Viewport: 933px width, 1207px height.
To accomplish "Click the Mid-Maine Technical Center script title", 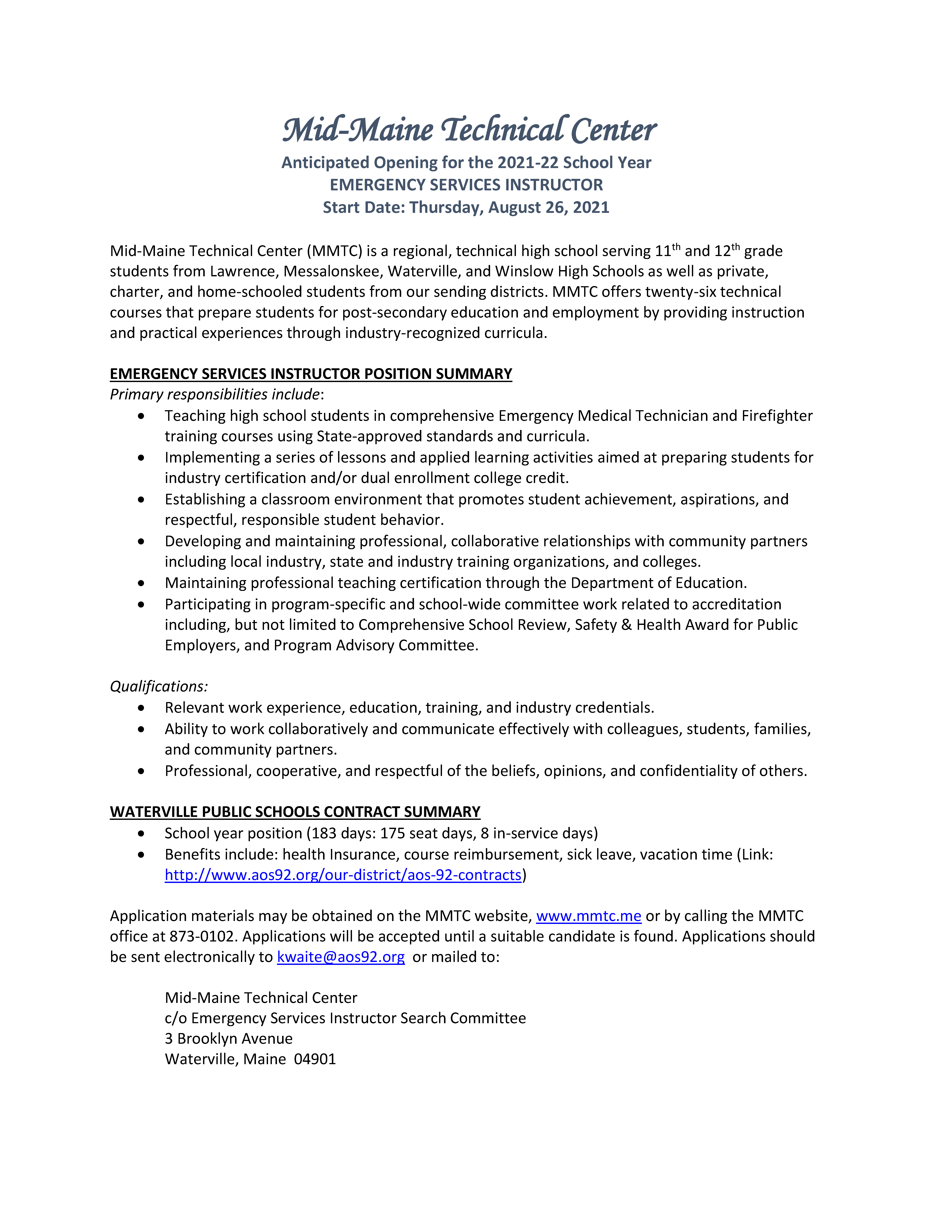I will [x=469, y=130].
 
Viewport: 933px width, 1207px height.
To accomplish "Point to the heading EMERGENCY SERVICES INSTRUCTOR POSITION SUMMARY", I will [x=311, y=374].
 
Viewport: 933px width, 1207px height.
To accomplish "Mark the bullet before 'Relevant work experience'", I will [x=141, y=708].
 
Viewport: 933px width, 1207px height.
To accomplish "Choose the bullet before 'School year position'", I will [x=141, y=833].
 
